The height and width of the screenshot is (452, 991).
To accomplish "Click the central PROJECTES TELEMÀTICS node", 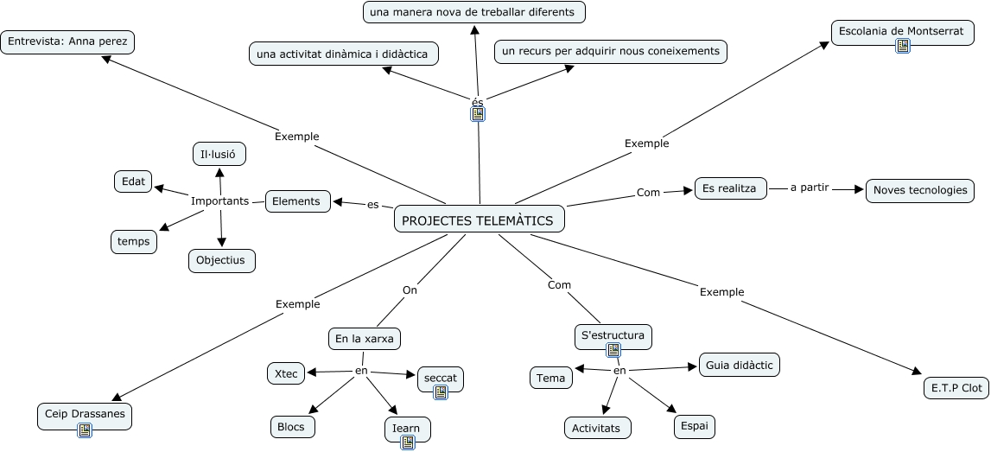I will (480, 220).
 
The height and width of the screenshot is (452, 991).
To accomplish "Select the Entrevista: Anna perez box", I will (67, 41).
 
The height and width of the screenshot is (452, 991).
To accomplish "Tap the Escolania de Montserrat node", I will (901, 31).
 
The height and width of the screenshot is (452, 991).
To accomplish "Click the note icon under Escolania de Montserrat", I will (903, 46).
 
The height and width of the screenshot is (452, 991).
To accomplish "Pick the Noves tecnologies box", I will (920, 190).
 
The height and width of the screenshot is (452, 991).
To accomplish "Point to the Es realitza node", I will (730, 188).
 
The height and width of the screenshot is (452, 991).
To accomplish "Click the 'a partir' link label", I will (810, 188).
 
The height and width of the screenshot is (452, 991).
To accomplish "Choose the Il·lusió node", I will (219, 155).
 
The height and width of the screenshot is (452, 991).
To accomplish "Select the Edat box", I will (133, 181).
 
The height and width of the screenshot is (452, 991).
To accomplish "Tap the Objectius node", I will (221, 259).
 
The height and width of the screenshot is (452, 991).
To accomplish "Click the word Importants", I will (219, 201).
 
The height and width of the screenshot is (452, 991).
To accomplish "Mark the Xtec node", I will (285, 373).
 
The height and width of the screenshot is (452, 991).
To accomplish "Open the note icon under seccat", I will (441, 392).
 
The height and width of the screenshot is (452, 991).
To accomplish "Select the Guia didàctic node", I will (739, 365).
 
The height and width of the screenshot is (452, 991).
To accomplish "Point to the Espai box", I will (695, 426).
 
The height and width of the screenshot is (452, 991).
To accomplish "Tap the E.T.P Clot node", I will (956, 388).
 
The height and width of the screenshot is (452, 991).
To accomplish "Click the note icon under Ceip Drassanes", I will (85, 430).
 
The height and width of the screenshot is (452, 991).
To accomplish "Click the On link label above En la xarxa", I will (410, 290).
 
